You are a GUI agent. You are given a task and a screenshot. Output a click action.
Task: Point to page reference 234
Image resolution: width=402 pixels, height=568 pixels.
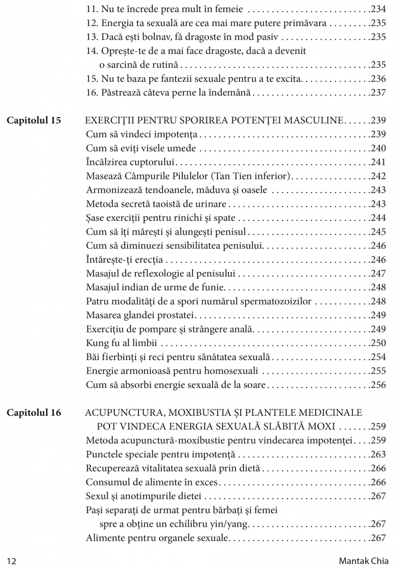378,10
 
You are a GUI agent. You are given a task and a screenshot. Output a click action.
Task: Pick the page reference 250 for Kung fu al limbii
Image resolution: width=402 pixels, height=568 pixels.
378,343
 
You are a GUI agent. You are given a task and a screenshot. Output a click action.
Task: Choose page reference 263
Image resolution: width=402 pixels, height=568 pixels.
378,454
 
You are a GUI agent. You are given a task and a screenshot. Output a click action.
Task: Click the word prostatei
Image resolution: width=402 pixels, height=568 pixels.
174,315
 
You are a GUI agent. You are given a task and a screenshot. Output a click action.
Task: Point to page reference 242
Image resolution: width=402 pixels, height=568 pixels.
378,176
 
